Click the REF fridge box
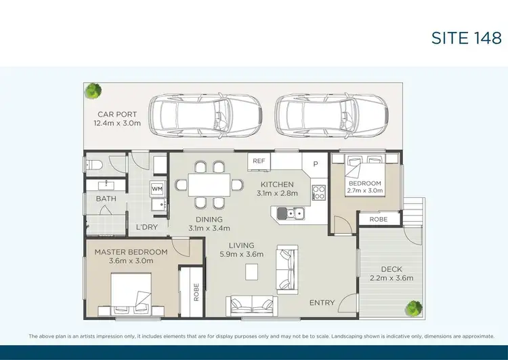click(259, 161)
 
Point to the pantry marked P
click(315, 165)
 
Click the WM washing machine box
click(157, 188)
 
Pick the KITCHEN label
click(278, 184)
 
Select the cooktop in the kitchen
click(318, 193)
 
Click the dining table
click(209, 184)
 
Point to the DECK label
click(391, 269)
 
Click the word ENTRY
click(322, 302)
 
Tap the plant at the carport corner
click(93, 91)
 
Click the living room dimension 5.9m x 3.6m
click(242, 254)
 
